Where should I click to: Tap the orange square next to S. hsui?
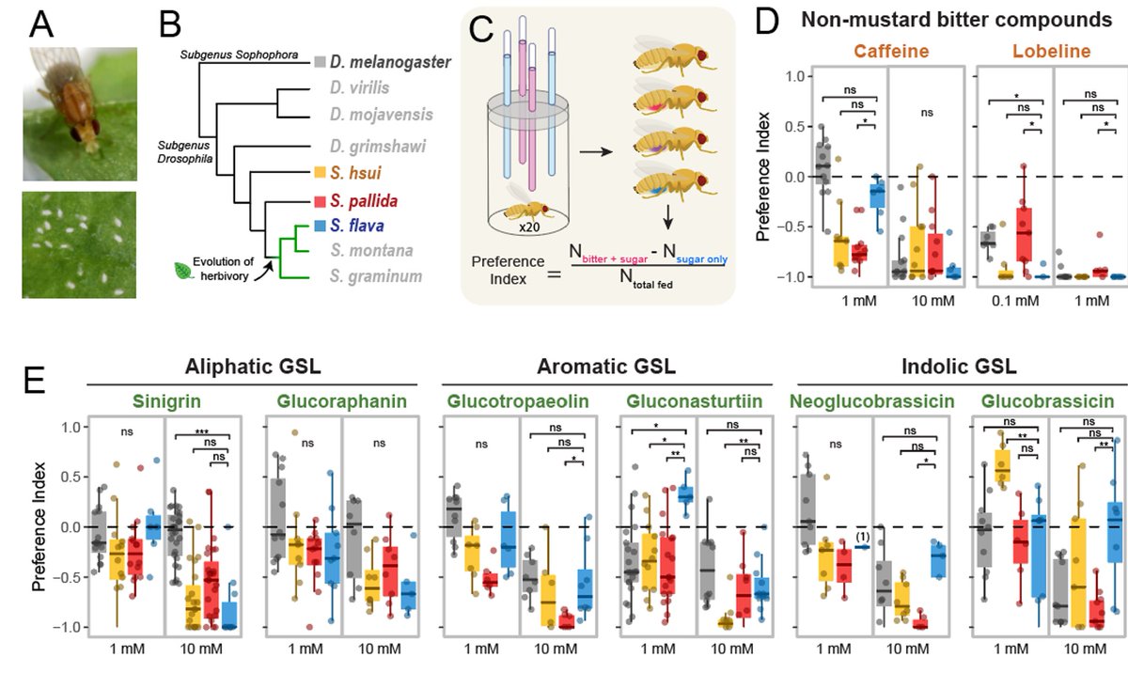(321, 173)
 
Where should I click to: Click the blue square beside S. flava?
(321, 226)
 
